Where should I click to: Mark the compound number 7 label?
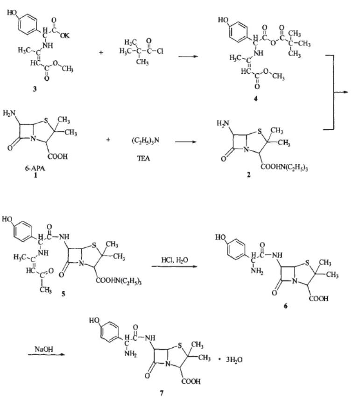[161, 393]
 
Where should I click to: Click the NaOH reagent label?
[42, 348]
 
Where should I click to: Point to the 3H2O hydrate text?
[232, 360]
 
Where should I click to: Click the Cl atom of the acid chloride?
[159, 51]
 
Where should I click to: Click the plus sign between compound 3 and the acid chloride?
[101, 52]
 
